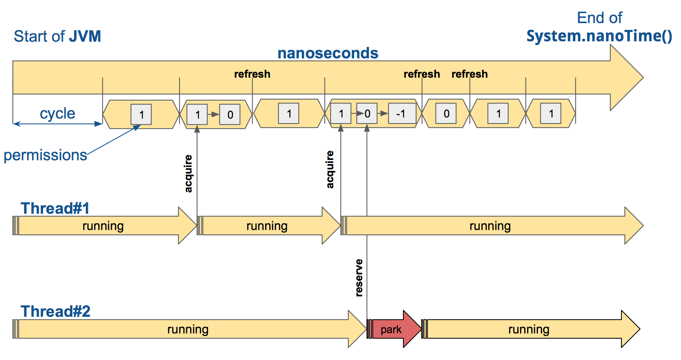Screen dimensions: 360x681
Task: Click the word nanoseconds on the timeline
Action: click(328, 53)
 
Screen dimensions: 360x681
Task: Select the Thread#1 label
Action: click(55, 208)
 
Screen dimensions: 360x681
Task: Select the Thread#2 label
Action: click(55, 311)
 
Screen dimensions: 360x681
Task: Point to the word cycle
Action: click(58, 113)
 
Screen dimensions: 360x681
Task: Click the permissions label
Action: click(45, 155)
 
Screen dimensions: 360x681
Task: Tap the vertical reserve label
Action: click(359, 277)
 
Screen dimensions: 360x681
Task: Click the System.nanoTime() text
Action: click(599, 36)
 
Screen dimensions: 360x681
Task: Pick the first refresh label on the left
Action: click(252, 74)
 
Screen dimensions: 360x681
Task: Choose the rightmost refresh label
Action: click(470, 74)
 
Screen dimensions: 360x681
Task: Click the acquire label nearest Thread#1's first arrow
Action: click(188, 174)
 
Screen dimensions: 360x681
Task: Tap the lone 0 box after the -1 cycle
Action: click(446, 114)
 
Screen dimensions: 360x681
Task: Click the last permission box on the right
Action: click(551, 114)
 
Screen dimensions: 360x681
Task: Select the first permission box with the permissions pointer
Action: click(141, 114)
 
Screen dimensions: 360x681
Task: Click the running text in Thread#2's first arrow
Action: click(188, 329)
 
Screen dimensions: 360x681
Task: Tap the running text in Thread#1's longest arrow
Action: click(490, 226)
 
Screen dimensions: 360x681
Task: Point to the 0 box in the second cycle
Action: click(230, 114)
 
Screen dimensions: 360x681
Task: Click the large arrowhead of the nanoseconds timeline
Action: click(627, 78)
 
